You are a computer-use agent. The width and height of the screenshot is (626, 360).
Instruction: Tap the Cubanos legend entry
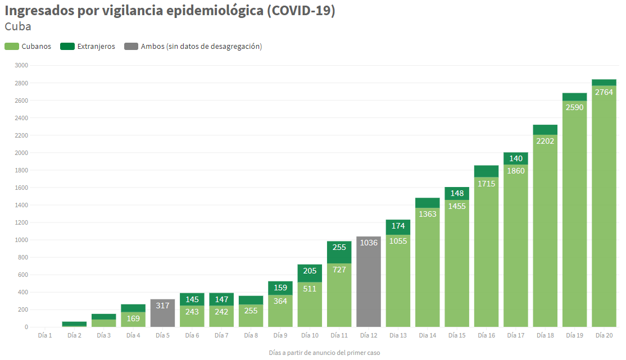(x=28, y=47)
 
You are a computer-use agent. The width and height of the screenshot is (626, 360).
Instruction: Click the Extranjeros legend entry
(x=87, y=47)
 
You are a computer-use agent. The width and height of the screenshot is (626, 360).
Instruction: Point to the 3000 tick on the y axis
(x=21, y=66)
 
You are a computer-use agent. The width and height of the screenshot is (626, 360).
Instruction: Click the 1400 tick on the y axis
(x=21, y=205)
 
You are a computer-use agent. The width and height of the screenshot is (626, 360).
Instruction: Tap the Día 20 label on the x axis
(x=604, y=335)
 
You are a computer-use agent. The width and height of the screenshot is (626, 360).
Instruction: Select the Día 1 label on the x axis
(x=45, y=335)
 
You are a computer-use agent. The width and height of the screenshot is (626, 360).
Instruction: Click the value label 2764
(x=604, y=92)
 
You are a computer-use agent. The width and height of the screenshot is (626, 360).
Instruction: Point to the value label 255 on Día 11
(x=339, y=247)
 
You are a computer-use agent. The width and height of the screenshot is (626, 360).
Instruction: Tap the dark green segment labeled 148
(x=457, y=193)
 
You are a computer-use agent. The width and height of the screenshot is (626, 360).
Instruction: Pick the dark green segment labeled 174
(x=398, y=227)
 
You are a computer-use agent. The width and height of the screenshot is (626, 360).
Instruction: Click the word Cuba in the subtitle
(x=18, y=26)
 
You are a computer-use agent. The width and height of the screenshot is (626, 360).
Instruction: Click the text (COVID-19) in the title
(x=301, y=11)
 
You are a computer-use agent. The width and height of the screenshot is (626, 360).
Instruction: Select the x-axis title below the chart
(x=325, y=353)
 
